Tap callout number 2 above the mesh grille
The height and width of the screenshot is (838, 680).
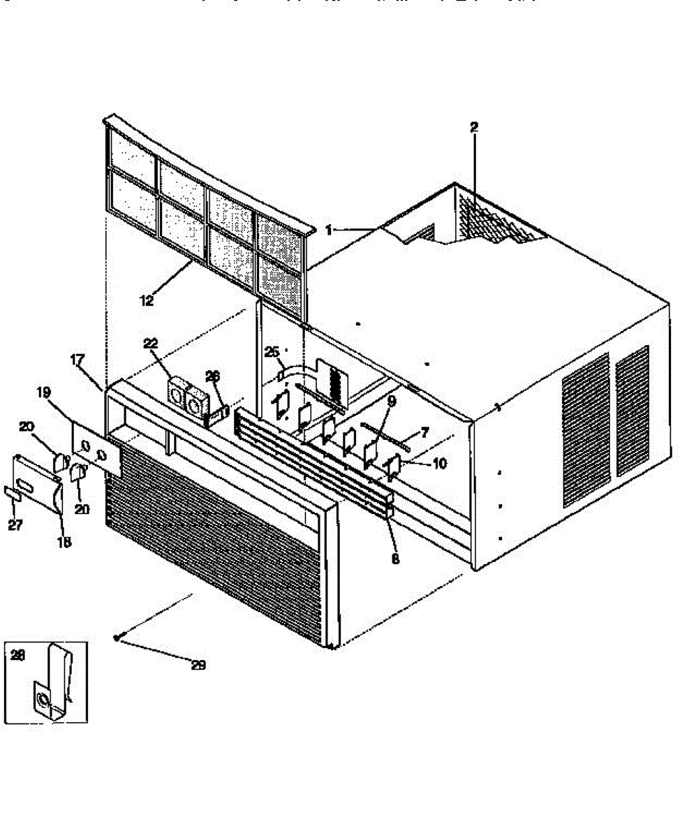(474, 127)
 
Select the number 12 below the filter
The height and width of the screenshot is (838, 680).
(146, 301)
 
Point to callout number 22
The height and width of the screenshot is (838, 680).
(151, 343)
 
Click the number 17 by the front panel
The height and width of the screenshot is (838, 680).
(77, 360)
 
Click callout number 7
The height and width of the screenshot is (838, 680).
(424, 433)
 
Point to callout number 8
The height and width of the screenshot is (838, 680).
(396, 559)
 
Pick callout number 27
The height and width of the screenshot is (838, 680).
(15, 525)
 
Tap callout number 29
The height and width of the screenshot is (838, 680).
(198, 665)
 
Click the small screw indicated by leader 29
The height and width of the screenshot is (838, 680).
(117, 637)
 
